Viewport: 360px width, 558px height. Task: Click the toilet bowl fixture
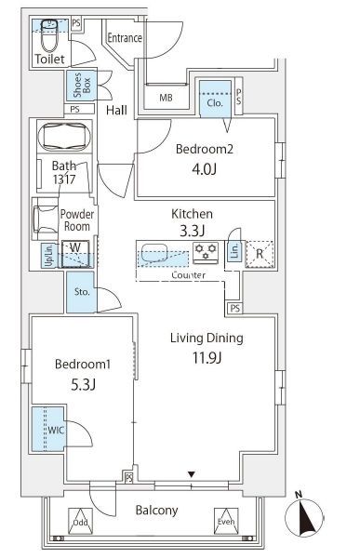pos(49,36)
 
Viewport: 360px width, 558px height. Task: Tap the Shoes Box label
pos(82,86)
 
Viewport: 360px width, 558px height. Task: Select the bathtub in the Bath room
pos(66,137)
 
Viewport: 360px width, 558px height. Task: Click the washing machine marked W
pos(75,254)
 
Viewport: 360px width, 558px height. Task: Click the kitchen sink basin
pos(154,253)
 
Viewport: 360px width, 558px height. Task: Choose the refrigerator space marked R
pos(260,254)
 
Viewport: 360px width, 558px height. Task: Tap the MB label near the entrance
pos(166,97)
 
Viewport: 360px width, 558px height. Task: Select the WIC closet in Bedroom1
pos(48,429)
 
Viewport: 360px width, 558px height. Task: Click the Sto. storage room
pos(81,292)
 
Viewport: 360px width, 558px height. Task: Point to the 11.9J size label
pos(207,358)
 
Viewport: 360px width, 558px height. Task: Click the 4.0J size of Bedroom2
pos(204,169)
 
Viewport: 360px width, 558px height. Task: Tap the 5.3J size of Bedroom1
pos(84,385)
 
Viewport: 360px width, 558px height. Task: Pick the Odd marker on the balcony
pos(81,521)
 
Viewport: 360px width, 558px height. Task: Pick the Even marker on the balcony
pos(226,521)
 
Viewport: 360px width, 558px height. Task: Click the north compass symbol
pos(304,516)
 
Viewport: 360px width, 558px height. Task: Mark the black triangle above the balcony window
pos(192,474)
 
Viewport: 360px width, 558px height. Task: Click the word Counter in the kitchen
pos(188,275)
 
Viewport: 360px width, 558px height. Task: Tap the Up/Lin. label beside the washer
pos(48,256)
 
